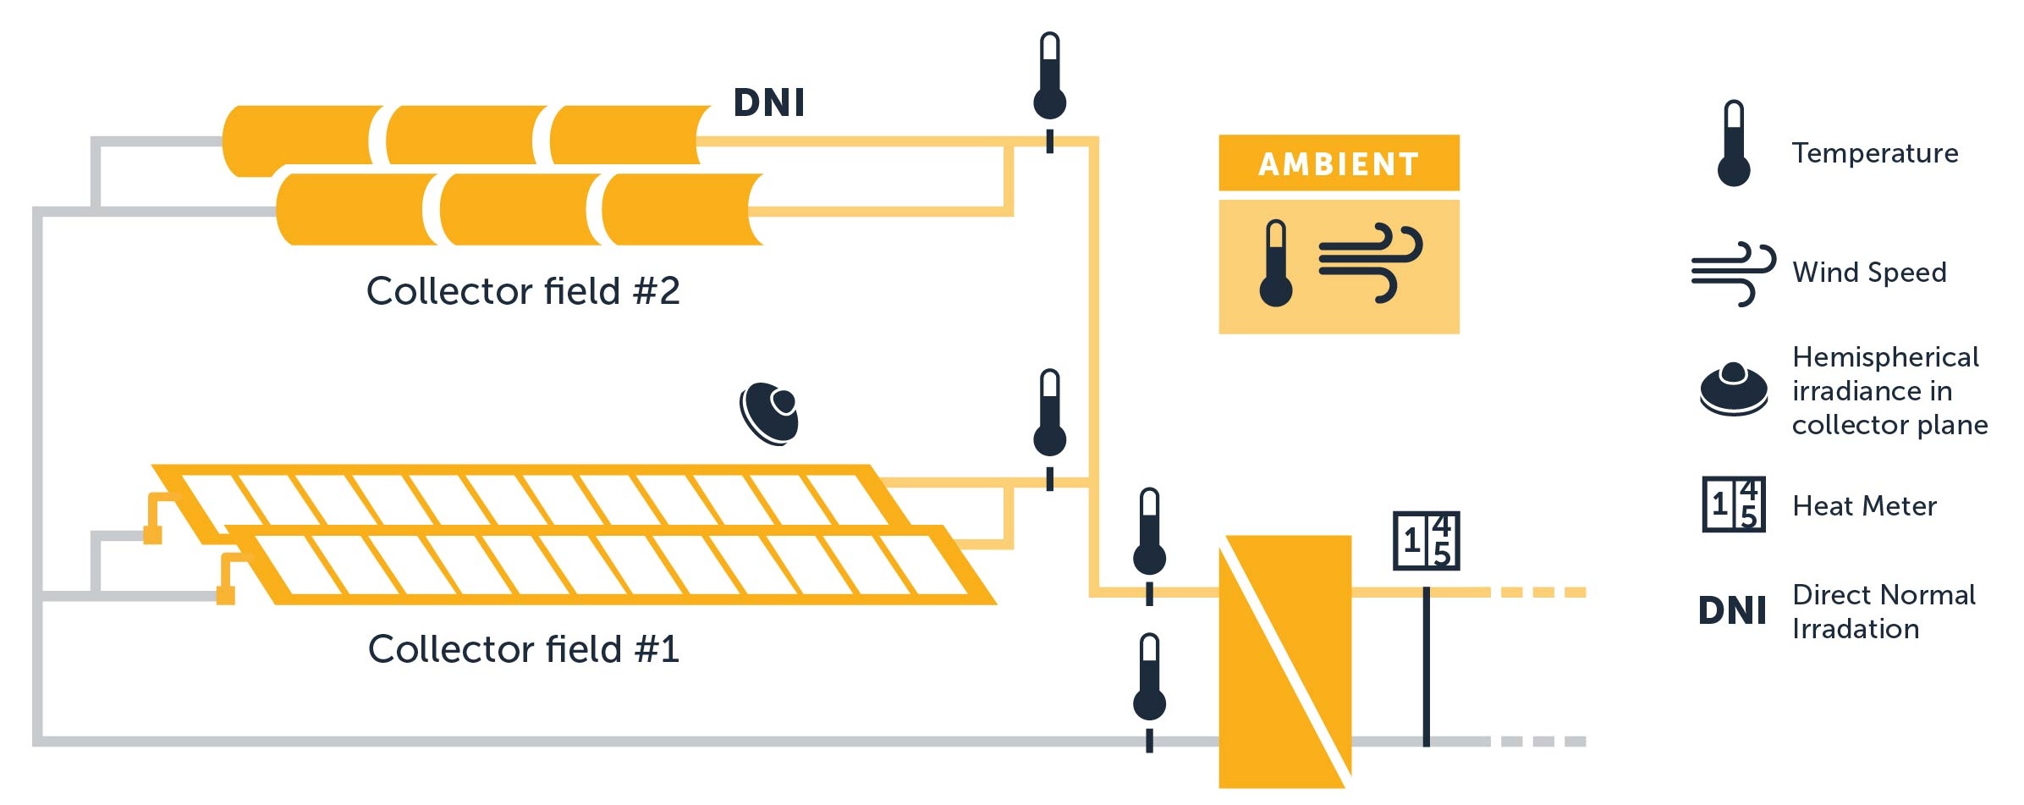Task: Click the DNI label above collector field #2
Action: click(768, 103)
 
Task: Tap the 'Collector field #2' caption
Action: click(523, 291)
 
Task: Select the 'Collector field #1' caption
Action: click(524, 649)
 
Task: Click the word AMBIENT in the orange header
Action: click(1338, 163)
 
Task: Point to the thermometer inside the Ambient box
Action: click(1275, 264)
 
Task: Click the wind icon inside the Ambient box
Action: click(1370, 262)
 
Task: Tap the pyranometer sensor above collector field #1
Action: click(770, 413)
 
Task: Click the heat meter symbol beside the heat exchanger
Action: click(1426, 541)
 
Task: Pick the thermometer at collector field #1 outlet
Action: click(1049, 415)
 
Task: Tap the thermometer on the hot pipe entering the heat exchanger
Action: click(1149, 533)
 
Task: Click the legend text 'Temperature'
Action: click(1874, 153)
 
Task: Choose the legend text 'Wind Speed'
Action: click(1869, 273)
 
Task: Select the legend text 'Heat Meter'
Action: click(1864, 506)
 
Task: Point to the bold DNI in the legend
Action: click(1732, 610)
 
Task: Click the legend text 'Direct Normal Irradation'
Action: click(1883, 611)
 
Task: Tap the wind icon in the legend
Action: click(1733, 273)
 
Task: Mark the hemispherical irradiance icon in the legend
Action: click(1734, 389)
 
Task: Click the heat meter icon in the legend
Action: click(1734, 505)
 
